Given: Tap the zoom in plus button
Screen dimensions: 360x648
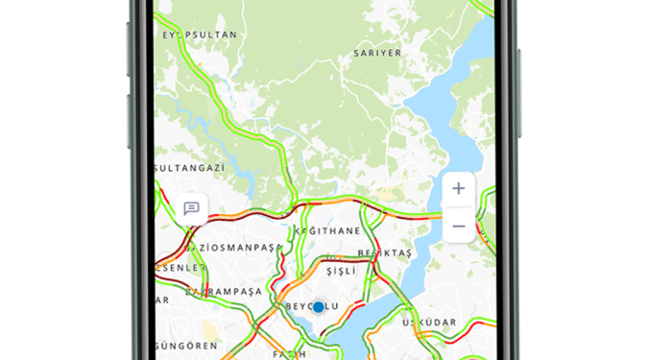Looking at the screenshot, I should [458, 188].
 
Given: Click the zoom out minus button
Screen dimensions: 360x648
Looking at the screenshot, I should [458, 226].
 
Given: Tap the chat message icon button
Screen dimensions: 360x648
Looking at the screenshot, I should [191, 207].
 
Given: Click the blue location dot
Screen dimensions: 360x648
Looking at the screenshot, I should [319, 306].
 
